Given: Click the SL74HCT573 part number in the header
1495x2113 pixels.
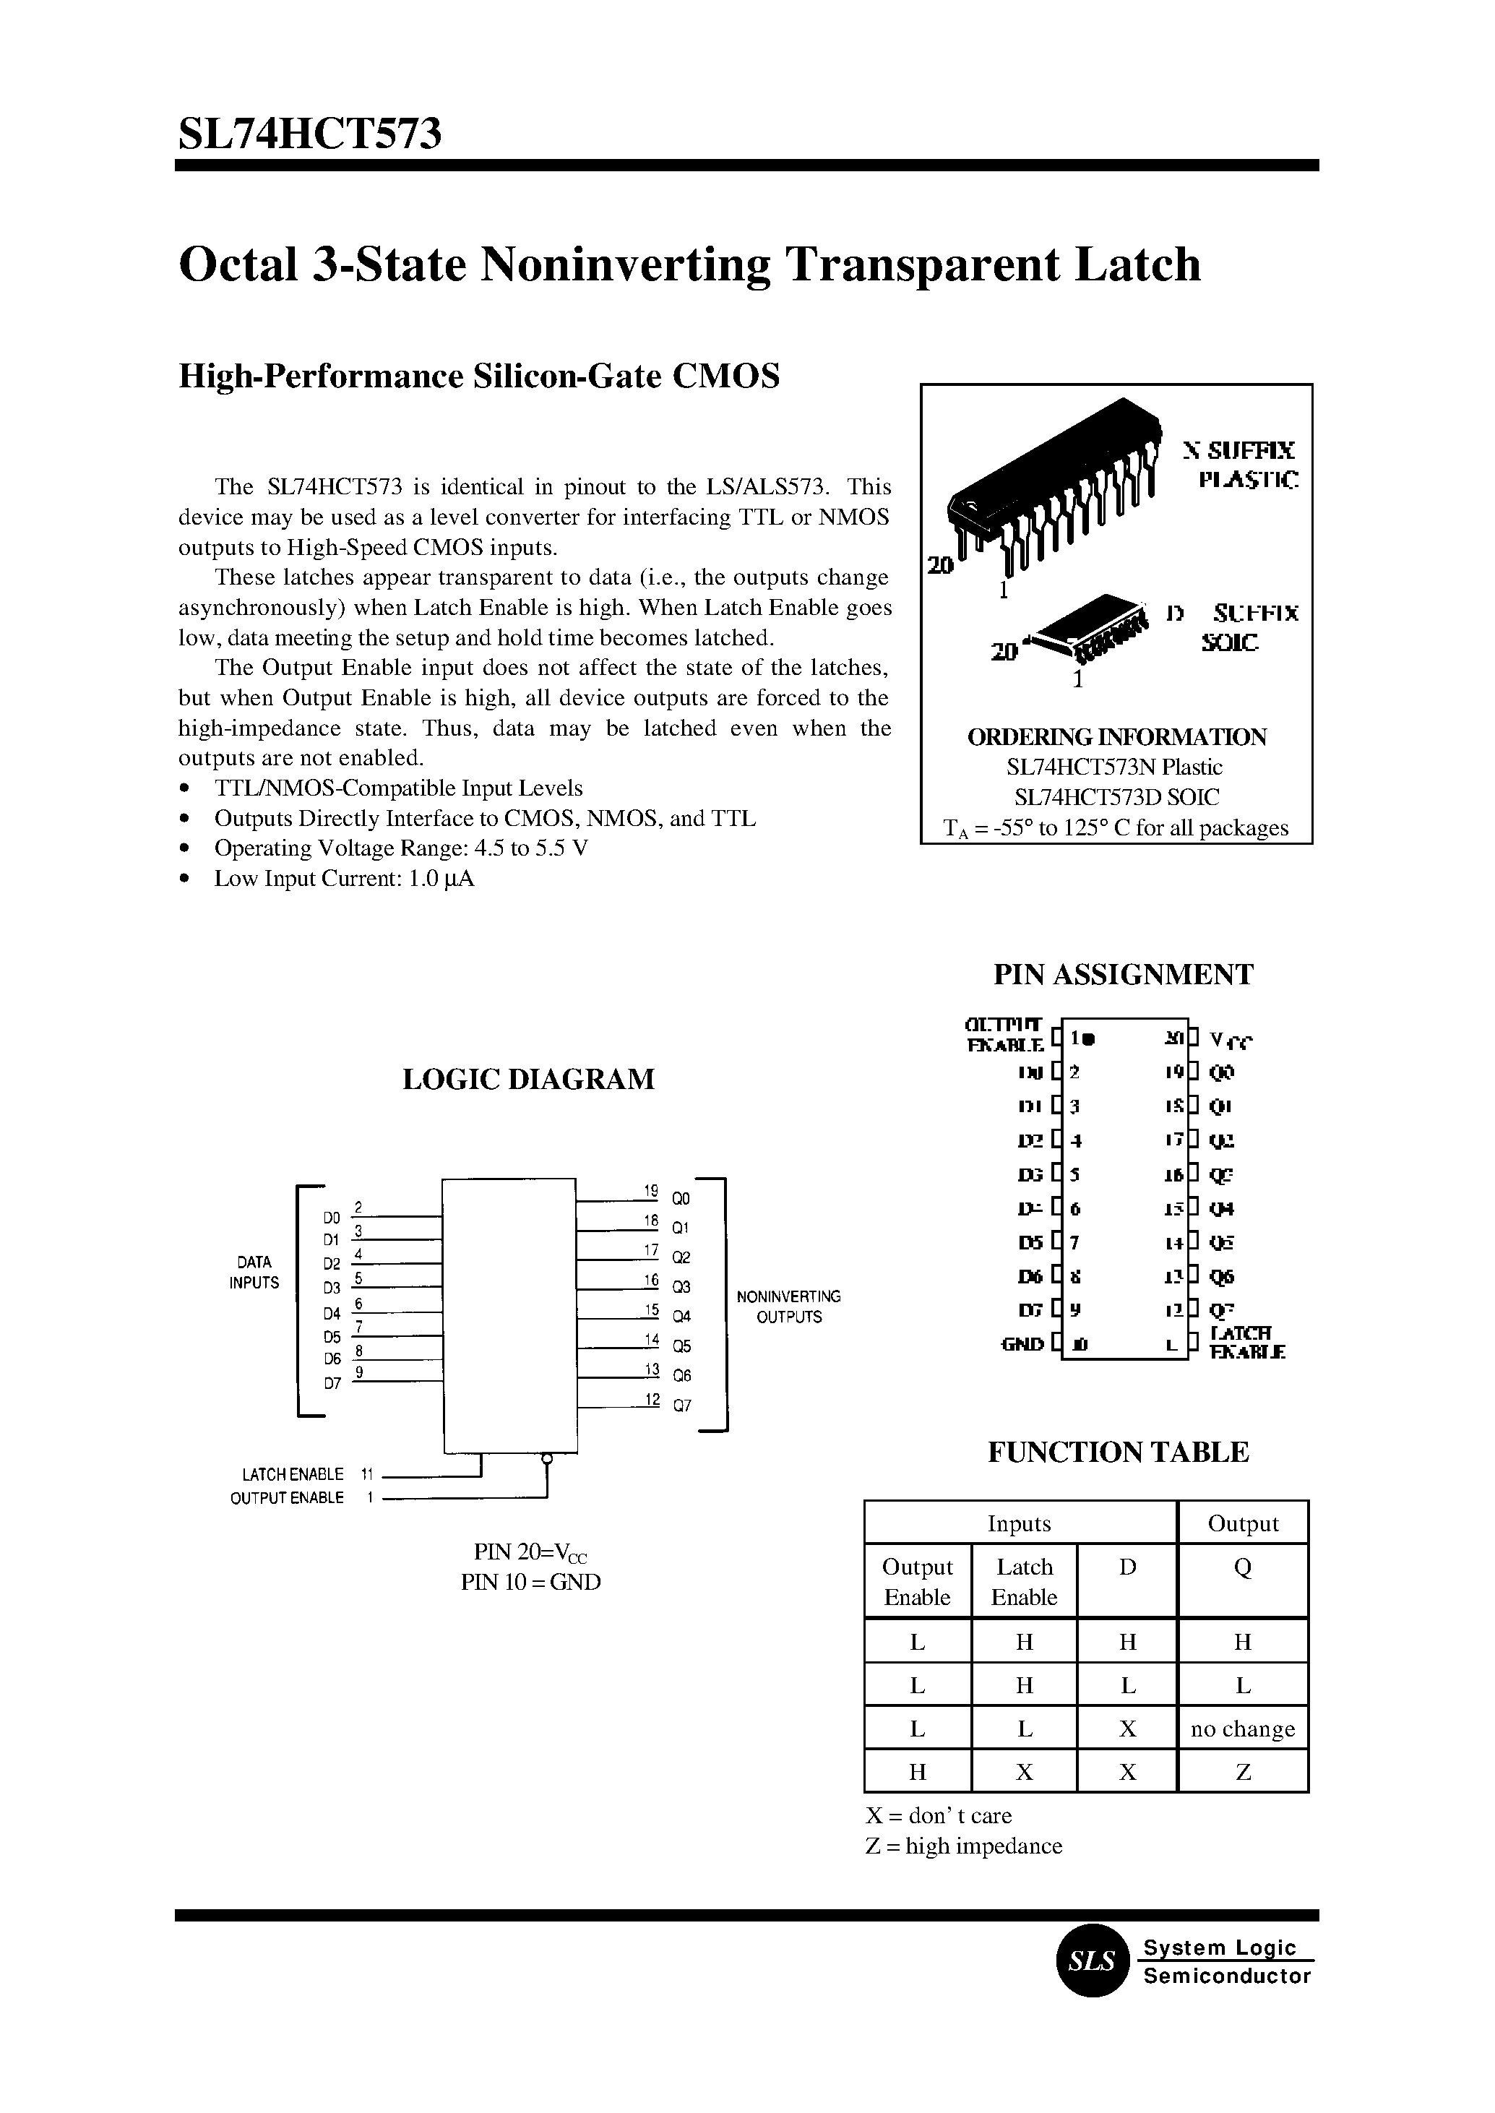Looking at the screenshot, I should (309, 134).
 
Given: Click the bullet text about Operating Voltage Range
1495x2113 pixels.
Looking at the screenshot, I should (400, 848).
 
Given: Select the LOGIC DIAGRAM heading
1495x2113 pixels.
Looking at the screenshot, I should (528, 1079).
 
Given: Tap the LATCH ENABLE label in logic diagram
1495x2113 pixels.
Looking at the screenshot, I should (293, 1474).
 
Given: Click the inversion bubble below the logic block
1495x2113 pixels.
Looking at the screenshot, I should (547, 1459).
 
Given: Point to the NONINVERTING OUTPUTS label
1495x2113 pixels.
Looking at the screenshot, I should (789, 1307).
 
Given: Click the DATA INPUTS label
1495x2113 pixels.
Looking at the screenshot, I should (254, 1273).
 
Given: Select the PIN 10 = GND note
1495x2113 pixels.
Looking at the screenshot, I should (530, 1582).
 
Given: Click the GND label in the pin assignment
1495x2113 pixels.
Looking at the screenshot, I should (1022, 1344).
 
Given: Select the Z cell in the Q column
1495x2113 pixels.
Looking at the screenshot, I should (1242, 1773).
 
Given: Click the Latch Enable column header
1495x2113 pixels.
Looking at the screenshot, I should (1024, 1582).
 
